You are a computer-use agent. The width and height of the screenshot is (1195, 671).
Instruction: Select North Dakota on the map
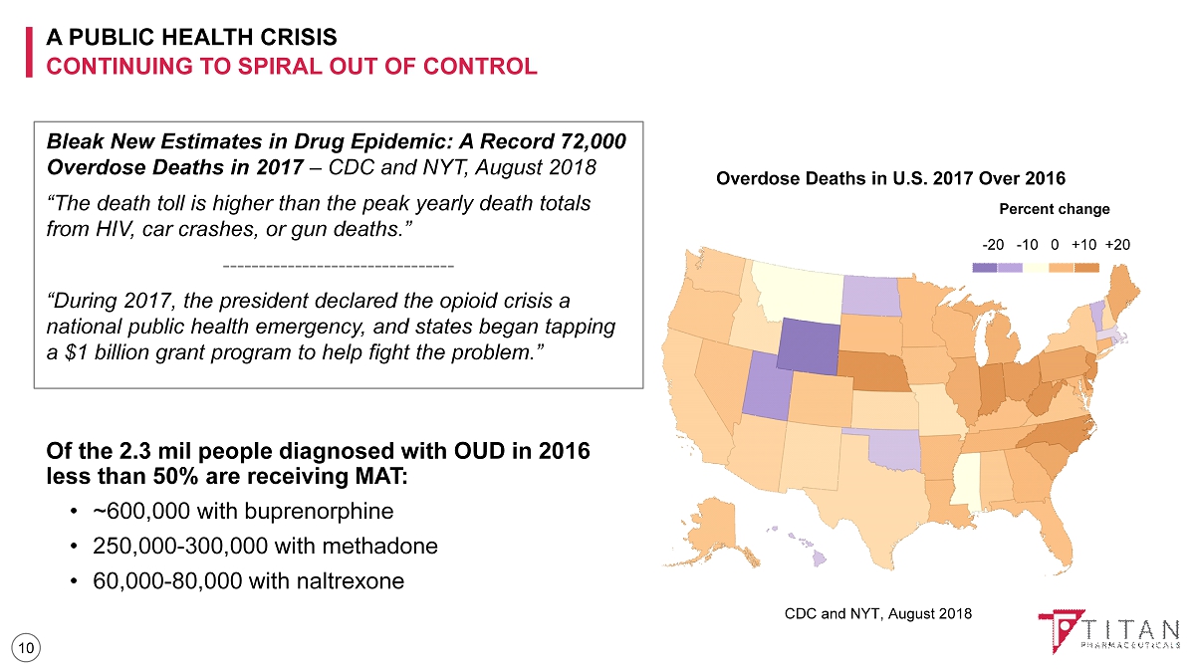pos(870,295)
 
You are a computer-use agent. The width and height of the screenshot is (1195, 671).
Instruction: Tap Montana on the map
pos(797,285)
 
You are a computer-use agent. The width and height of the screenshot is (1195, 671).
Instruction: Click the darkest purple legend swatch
pos(984,267)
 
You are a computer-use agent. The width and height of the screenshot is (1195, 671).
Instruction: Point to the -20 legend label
pos(993,244)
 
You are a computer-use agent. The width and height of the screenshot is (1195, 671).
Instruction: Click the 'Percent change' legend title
pos(1054,209)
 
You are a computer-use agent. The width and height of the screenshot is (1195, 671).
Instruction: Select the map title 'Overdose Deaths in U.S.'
pos(890,179)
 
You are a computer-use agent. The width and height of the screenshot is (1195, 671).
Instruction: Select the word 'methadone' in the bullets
pos(383,546)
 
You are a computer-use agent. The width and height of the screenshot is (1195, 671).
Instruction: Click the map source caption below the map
pos(877,613)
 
